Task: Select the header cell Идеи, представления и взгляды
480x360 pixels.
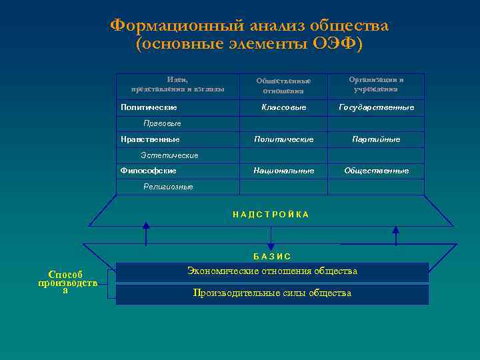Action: [177, 84]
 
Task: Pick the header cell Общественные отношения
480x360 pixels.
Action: [283, 85]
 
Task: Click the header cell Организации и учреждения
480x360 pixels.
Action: [376, 84]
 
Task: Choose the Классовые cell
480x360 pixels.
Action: [283, 107]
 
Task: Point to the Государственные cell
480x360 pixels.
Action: [376, 107]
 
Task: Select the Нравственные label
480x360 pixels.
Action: [150, 139]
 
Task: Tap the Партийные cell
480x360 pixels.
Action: [376, 139]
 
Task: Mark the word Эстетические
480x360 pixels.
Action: [169, 155]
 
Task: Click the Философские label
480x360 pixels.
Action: [149, 171]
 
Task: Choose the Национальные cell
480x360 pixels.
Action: [283, 171]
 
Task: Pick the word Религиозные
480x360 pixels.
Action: [168, 187]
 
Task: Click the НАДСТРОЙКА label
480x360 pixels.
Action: [271, 215]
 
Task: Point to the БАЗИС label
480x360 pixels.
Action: [272, 257]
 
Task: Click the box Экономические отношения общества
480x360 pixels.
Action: [272, 271]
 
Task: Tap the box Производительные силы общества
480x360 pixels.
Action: [272, 293]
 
